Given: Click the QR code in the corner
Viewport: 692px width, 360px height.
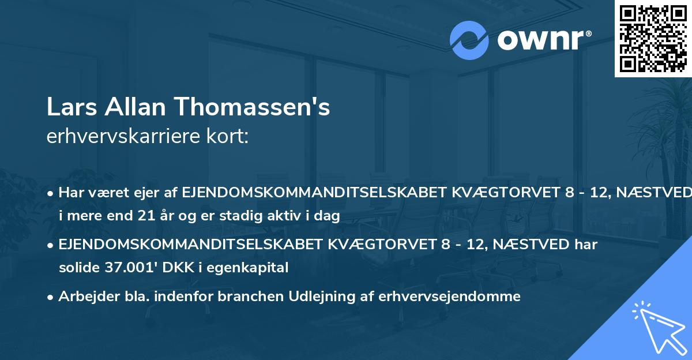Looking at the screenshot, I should pyautogui.click(x=652, y=39).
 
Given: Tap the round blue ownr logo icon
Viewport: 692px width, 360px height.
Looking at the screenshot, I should pyautogui.click(x=469, y=40).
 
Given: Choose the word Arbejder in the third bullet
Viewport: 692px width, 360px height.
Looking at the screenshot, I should pyautogui.click(x=84, y=297).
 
